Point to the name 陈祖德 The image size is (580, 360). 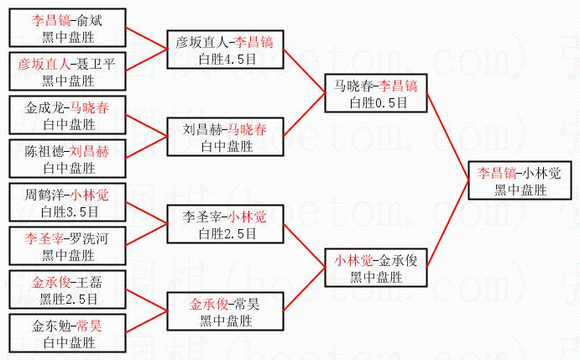[44, 152]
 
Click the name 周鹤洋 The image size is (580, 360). [44, 196]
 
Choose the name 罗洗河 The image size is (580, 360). [87, 239]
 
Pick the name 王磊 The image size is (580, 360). [87, 282]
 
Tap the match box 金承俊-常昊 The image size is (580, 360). [224, 310]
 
